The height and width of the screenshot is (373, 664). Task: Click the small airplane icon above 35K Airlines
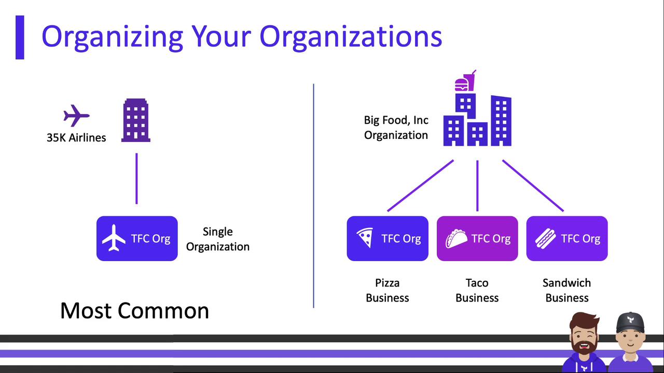click(76, 115)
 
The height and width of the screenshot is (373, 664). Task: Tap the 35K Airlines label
click(76, 138)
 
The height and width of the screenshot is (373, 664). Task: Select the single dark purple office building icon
click(136, 120)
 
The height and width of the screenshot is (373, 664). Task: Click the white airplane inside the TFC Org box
click(114, 238)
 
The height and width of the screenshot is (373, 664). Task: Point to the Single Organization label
click(218, 239)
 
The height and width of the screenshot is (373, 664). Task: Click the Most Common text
click(134, 310)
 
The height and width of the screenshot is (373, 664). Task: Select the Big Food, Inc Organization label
click(396, 127)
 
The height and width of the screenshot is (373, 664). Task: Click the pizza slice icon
click(365, 237)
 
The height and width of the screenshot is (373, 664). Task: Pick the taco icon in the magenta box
click(456, 238)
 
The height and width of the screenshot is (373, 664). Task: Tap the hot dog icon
click(545, 238)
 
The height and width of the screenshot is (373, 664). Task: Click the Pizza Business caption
click(388, 290)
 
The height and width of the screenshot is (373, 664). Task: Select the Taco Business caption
click(477, 290)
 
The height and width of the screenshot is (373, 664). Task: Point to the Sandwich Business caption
click(567, 290)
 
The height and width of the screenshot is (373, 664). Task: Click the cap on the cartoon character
click(630, 322)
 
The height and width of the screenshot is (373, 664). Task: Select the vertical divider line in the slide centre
click(313, 196)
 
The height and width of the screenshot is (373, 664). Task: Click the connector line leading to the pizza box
click(420, 185)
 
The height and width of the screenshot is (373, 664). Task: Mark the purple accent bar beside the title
click(20, 37)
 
